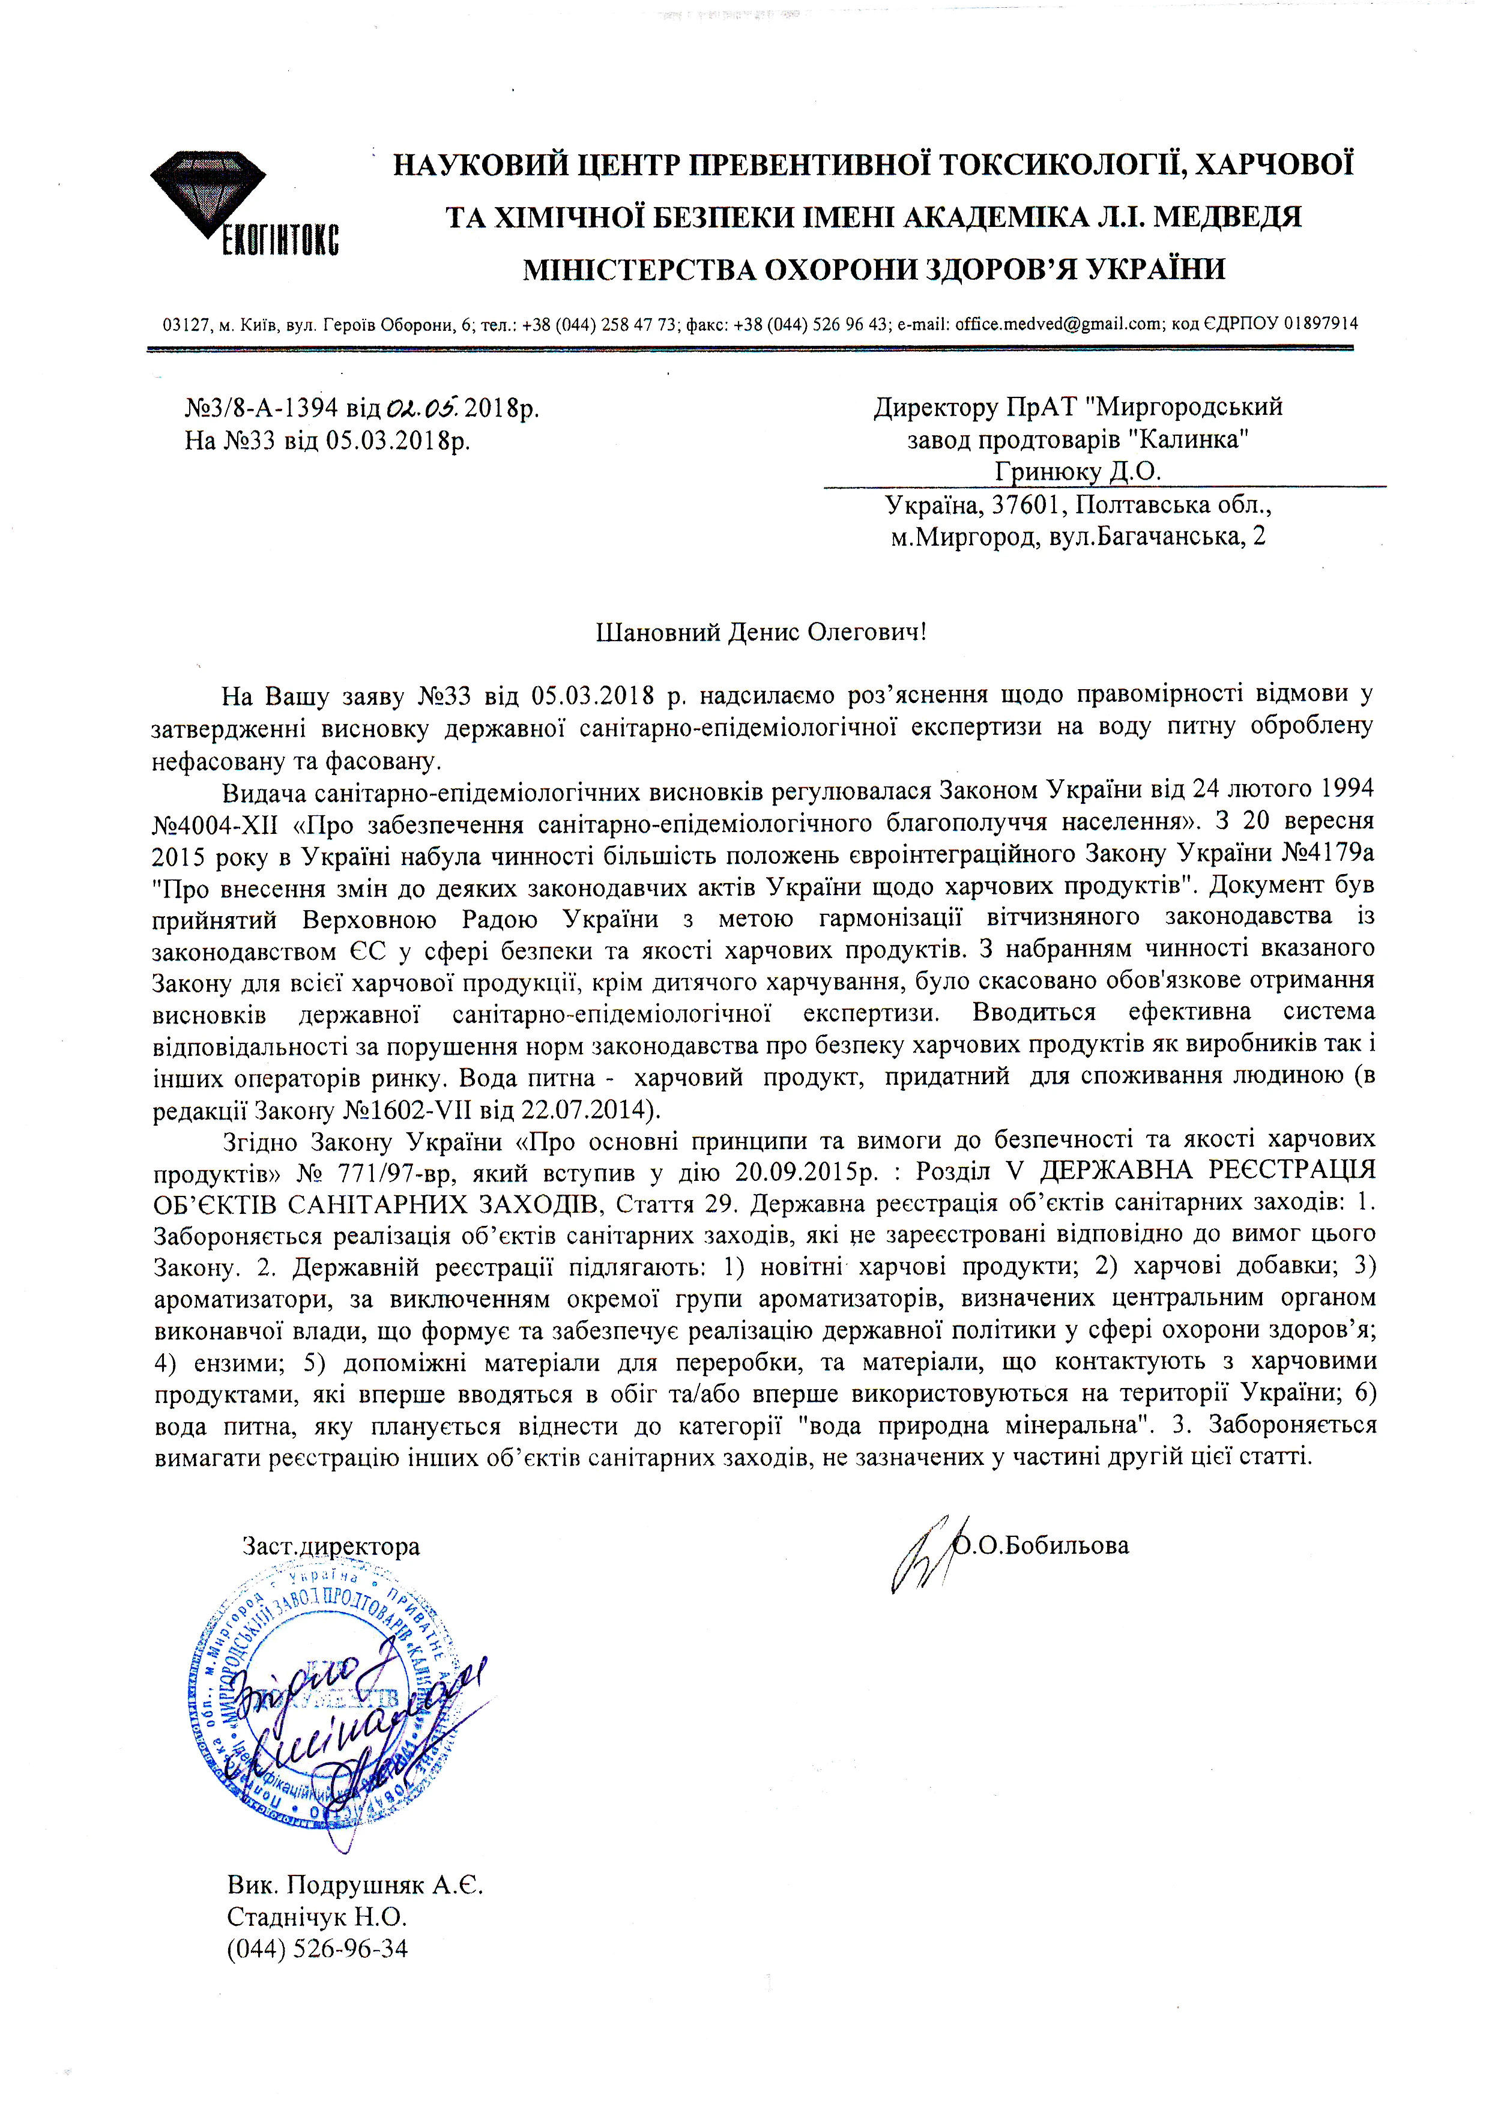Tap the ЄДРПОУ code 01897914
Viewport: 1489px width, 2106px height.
pos(1321,324)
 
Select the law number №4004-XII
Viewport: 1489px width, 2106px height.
pos(216,824)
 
